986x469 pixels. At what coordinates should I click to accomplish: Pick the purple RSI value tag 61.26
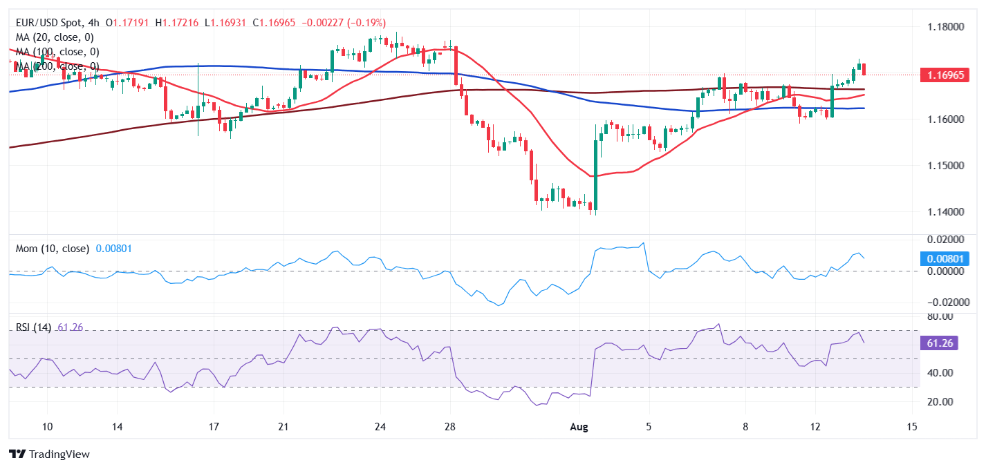point(939,343)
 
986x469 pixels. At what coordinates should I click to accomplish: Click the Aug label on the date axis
point(579,427)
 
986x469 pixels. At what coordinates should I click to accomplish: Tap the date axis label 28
point(450,427)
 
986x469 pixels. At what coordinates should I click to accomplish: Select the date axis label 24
point(380,427)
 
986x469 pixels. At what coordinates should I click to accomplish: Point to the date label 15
point(912,427)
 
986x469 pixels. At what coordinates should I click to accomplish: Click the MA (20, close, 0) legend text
point(55,37)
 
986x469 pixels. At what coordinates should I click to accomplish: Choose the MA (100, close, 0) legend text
point(57,52)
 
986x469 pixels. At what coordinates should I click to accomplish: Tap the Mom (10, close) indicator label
point(53,248)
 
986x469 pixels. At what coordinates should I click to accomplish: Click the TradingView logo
point(49,454)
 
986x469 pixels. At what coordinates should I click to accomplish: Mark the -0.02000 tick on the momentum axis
point(945,303)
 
